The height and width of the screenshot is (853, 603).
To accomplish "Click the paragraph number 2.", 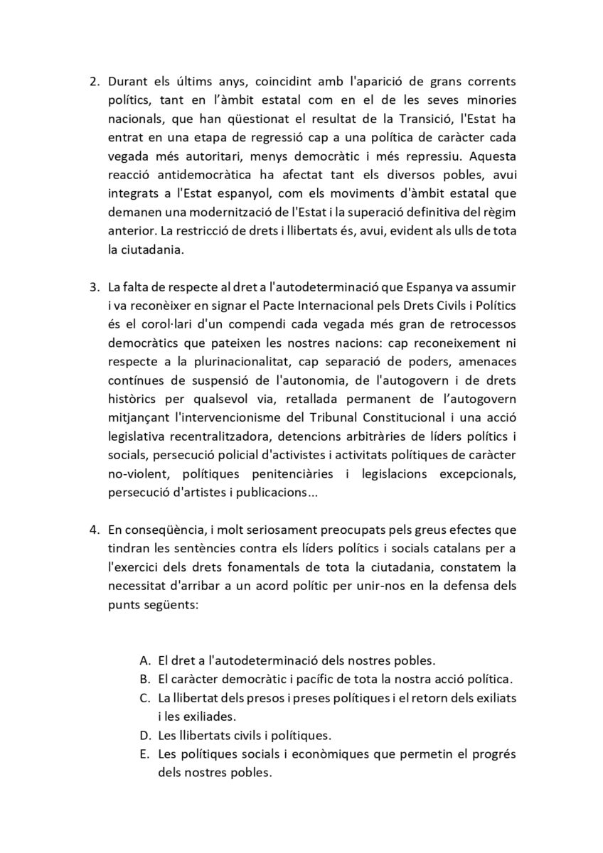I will point(94,80).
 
